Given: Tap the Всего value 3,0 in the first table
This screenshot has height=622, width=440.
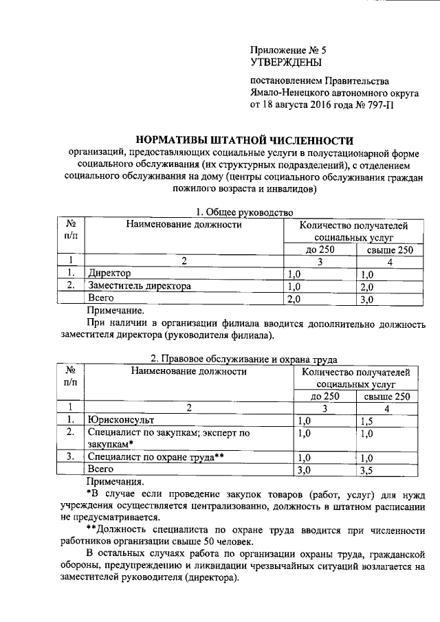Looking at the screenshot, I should click(x=366, y=299).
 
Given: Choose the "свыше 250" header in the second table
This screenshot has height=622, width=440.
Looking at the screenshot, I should click(x=386, y=396).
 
